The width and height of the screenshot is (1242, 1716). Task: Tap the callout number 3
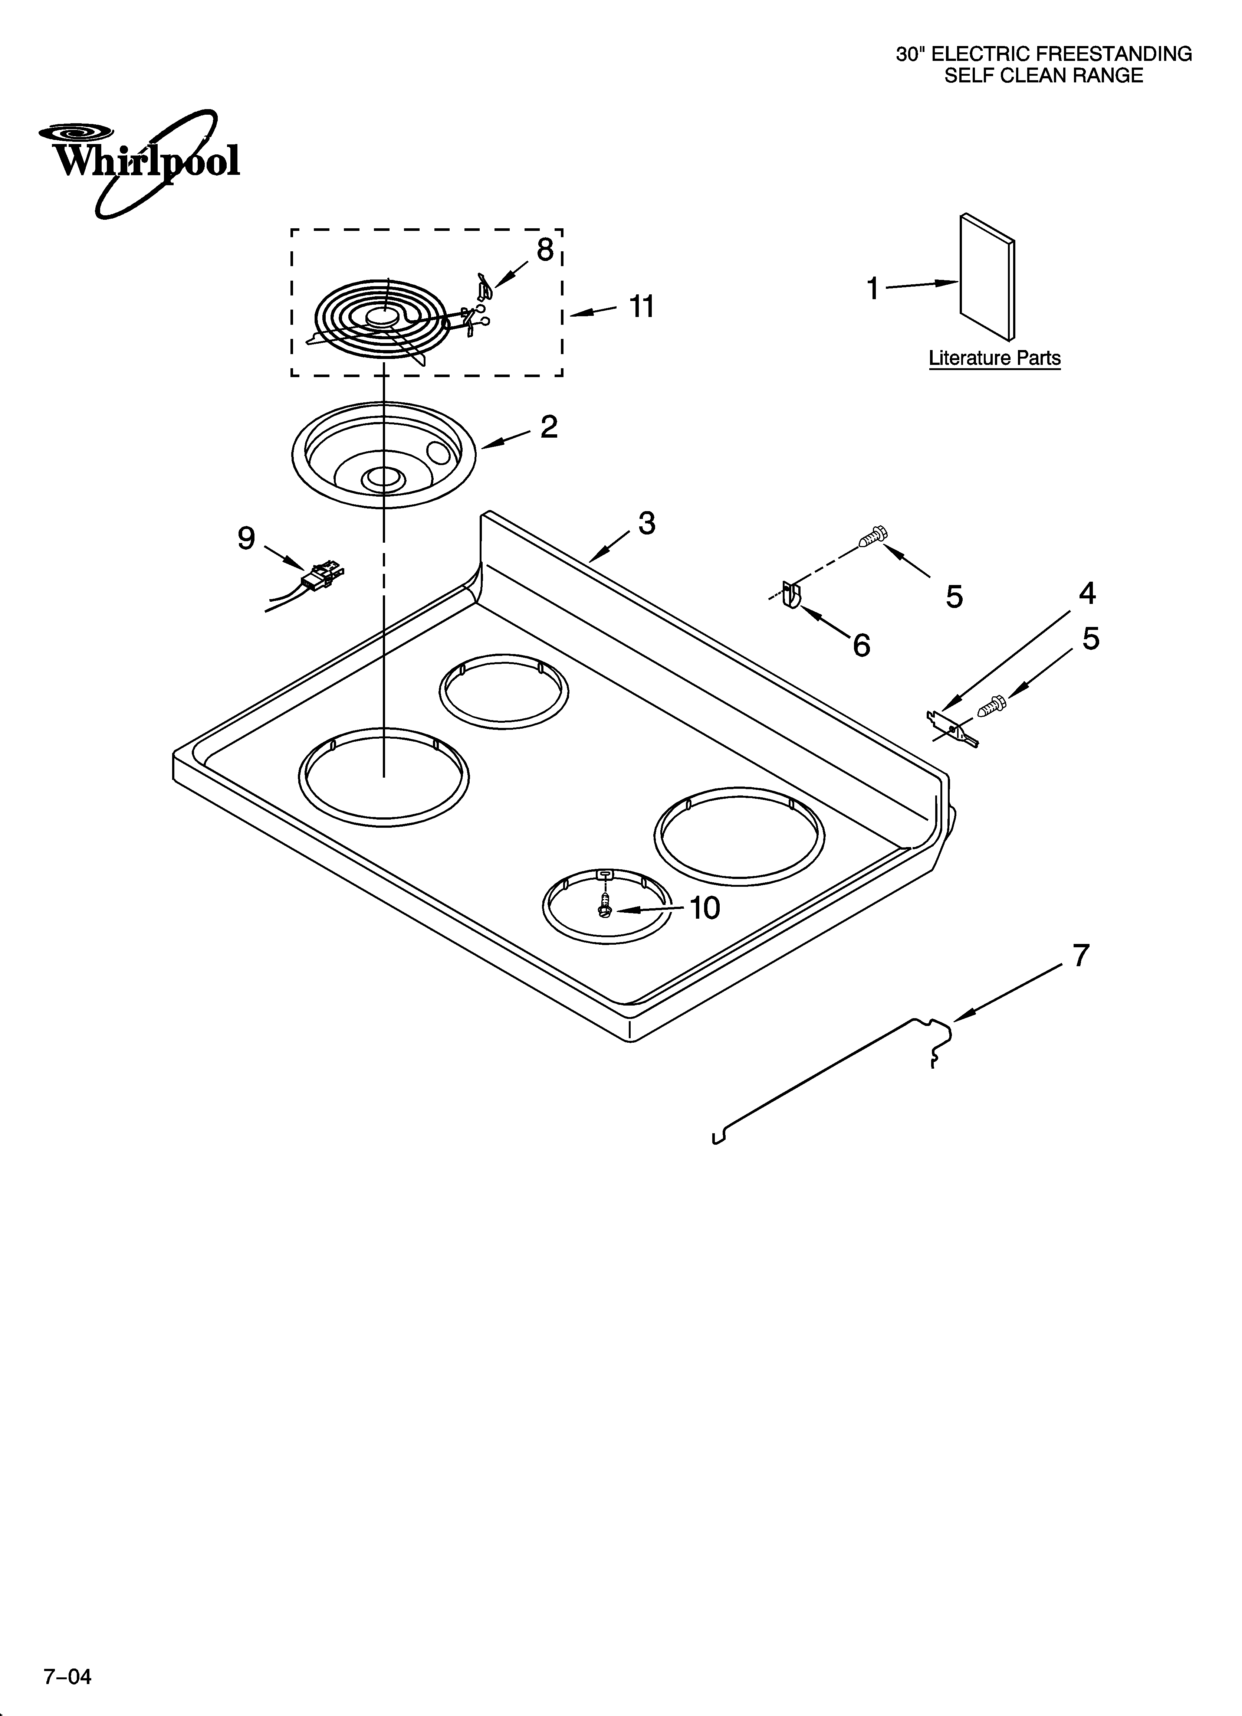646,523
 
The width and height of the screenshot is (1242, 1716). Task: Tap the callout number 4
1087,593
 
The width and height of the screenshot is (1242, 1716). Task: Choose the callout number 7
1081,955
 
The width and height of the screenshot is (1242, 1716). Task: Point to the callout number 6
861,645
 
